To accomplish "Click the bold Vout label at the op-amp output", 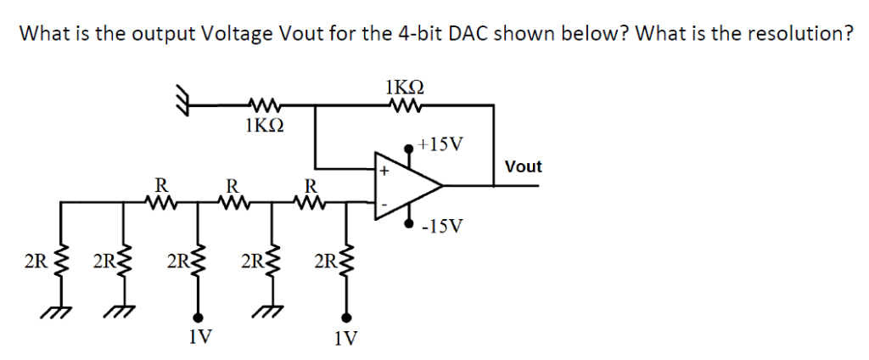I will [523, 166].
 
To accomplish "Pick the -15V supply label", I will [444, 227].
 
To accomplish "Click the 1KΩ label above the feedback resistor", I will [405, 87].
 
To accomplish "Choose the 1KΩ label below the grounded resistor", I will [263, 127].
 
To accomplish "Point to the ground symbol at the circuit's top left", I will [180, 99].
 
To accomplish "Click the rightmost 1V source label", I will [345, 339].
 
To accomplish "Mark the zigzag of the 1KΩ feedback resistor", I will [405, 105].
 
